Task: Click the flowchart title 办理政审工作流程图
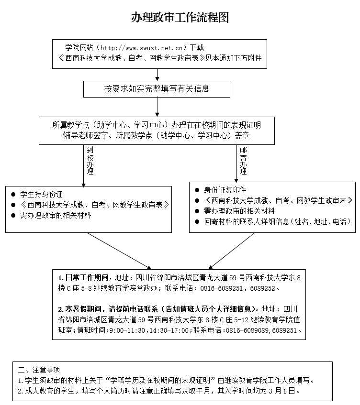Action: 180,18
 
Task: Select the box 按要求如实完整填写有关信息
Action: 157,88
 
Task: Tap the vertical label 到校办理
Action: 90,160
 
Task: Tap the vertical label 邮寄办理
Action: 243,160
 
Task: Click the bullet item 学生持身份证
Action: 41,195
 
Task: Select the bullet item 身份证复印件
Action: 225,190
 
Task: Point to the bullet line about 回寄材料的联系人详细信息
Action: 277,222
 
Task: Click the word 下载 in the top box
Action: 197,48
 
